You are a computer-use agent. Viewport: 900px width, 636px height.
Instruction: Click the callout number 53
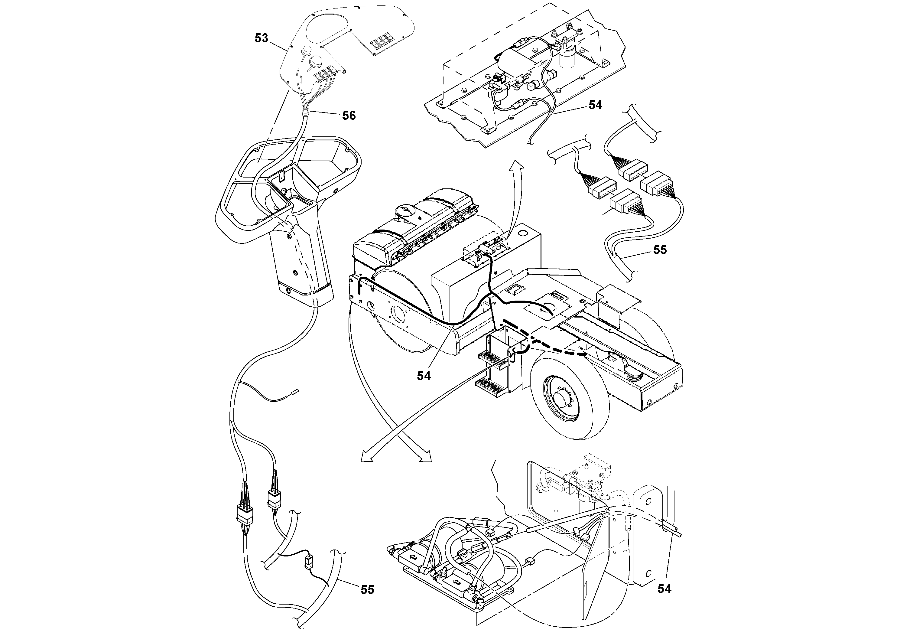[262, 38]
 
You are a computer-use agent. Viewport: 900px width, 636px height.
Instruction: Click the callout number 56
[349, 115]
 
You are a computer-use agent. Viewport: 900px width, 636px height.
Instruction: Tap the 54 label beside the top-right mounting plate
[595, 105]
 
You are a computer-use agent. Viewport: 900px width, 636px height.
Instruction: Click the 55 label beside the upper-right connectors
[660, 250]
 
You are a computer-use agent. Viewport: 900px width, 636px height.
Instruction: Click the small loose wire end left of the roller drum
[295, 390]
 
